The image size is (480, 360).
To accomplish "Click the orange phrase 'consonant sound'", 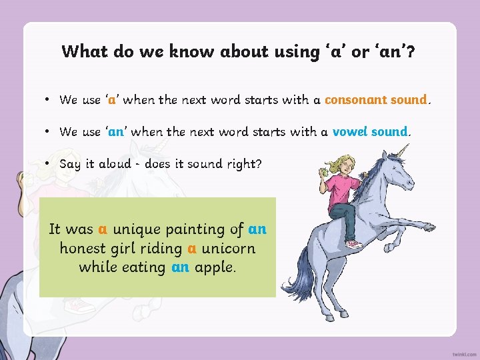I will pyautogui.click(x=375, y=100).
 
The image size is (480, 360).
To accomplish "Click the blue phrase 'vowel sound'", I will pyautogui.click(x=369, y=132).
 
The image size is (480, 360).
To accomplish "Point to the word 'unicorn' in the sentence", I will pyautogui.click(x=228, y=248).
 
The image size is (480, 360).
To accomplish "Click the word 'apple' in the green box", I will pyautogui.click(x=213, y=267).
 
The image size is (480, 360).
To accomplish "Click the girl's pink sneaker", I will pyautogui.click(x=354, y=244).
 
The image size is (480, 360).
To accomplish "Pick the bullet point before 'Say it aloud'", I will pyautogui.click(x=49, y=164).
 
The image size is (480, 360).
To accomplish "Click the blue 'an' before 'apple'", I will pyautogui.click(x=180, y=267).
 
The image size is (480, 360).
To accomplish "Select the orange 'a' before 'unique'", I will pyautogui.click(x=103, y=229).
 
